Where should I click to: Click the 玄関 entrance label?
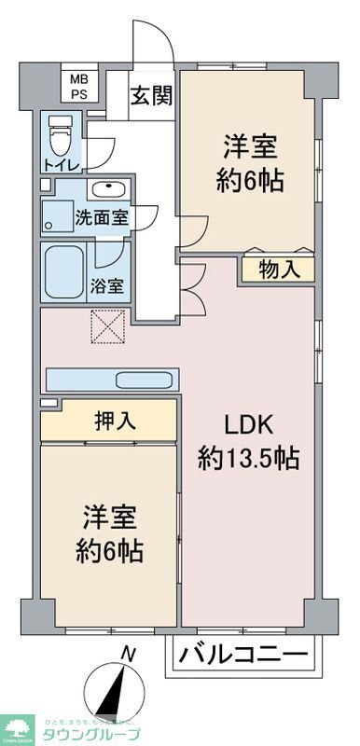pyautogui.click(x=148, y=95)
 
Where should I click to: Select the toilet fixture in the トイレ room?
pyautogui.click(x=60, y=138)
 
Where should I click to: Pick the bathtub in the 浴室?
pyautogui.click(x=65, y=270)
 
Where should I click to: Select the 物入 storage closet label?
pyautogui.click(x=279, y=270)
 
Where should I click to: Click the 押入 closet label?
pyautogui.click(x=116, y=420)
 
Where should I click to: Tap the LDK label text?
pyautogui.click(x=247, y=425)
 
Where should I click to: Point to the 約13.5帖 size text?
pyautogui.click(x=247, y=458)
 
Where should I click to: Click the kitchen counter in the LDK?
pyautogui.click(x=111, y=380)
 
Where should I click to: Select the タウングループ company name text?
pyautogui.click(x=88, y=734)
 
